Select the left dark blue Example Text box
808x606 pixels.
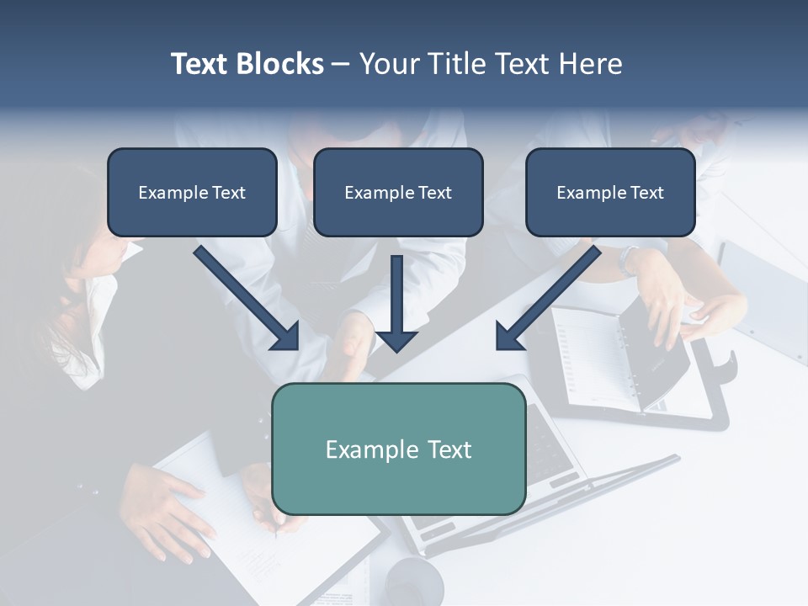point(192,193)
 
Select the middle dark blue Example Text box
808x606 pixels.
point(398,193)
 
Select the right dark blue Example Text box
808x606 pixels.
point(610,193)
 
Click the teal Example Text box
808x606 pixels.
point(398,449)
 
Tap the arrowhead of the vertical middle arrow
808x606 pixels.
point(396,340)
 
